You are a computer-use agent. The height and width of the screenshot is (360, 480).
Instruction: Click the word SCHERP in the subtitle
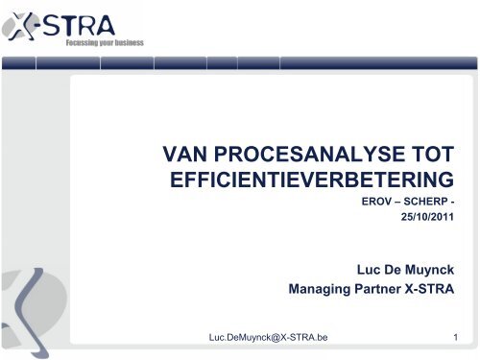[420, 204]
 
